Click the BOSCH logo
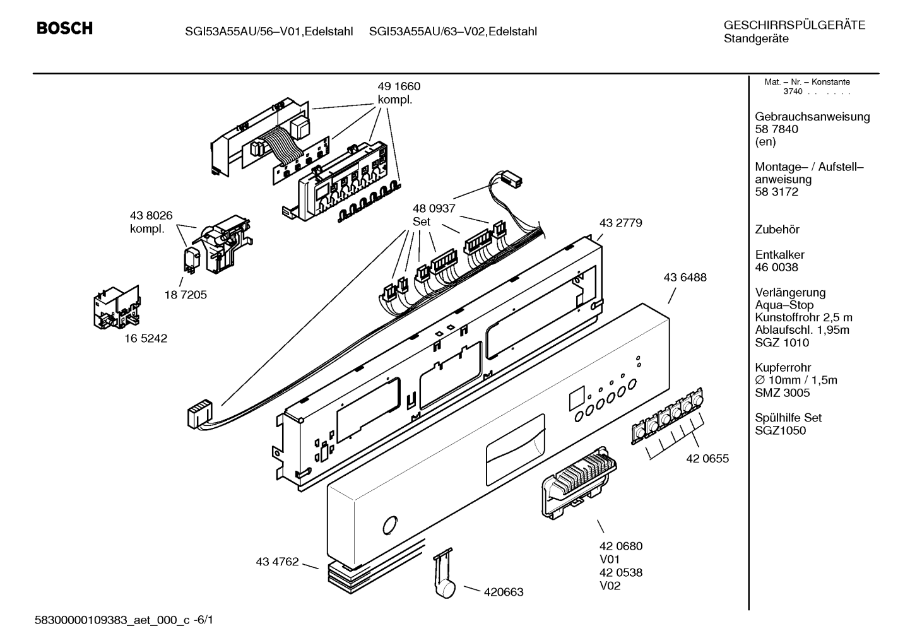click(64, 28)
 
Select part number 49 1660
click(399, 86)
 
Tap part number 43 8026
click(151, 215)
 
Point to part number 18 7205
click(186, 295)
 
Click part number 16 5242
click(145, 339)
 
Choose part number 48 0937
click(434, 209)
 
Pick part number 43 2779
click(621, 223)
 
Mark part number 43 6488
click(685, 278)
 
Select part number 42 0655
click(707, 459)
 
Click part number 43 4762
click(277, 562)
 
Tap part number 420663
click(504, 593)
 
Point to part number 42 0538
click(621, 573)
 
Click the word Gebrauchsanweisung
click(812, 117)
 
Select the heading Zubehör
click(777, 230)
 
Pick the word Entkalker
click(779, 255)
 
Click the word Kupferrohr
click(783, 368)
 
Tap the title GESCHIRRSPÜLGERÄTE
click(795, 25)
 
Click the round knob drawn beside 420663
click(446, 589)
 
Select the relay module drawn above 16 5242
click(117, 307)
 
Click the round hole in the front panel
click(390, 525)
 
